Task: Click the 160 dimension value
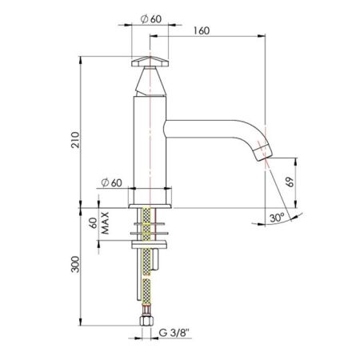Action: point(202,30)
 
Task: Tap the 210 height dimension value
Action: point(76,139)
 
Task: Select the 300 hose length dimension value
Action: point(76,264)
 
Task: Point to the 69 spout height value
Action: point(290,182)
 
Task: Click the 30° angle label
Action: point(278,218)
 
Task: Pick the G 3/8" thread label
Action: point(174,333)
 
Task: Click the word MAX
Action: point(105,223)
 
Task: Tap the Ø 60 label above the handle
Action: point(151,19)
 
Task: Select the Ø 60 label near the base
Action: point(112,182)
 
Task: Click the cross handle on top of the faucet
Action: point(150,62)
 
